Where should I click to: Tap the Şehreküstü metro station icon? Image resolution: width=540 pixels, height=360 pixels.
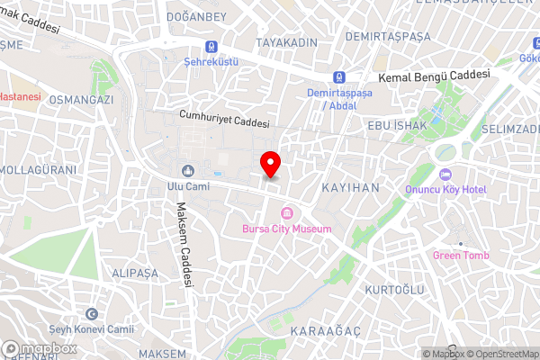pyautogui.click(x=211, y=47)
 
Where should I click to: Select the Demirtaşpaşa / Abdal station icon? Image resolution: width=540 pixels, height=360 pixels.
pyautogui.click(x=339, y=78)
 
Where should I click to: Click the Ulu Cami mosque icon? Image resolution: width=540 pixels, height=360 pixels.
pyautogui.click(x=188, y=171)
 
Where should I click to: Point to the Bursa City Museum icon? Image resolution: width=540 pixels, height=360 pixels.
pyautogui.click(x=287, y=213)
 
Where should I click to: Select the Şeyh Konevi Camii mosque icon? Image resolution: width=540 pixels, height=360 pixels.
pyautogui.click(x=91, y=314)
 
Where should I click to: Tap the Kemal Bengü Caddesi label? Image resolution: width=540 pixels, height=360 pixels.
pyautogui.click(x=435, y=77)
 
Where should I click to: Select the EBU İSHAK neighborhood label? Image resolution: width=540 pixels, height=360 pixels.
pyautogui.click(x=395, y=125)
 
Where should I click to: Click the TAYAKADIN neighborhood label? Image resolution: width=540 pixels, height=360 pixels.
pyautogui.click(x=286, y=43)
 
